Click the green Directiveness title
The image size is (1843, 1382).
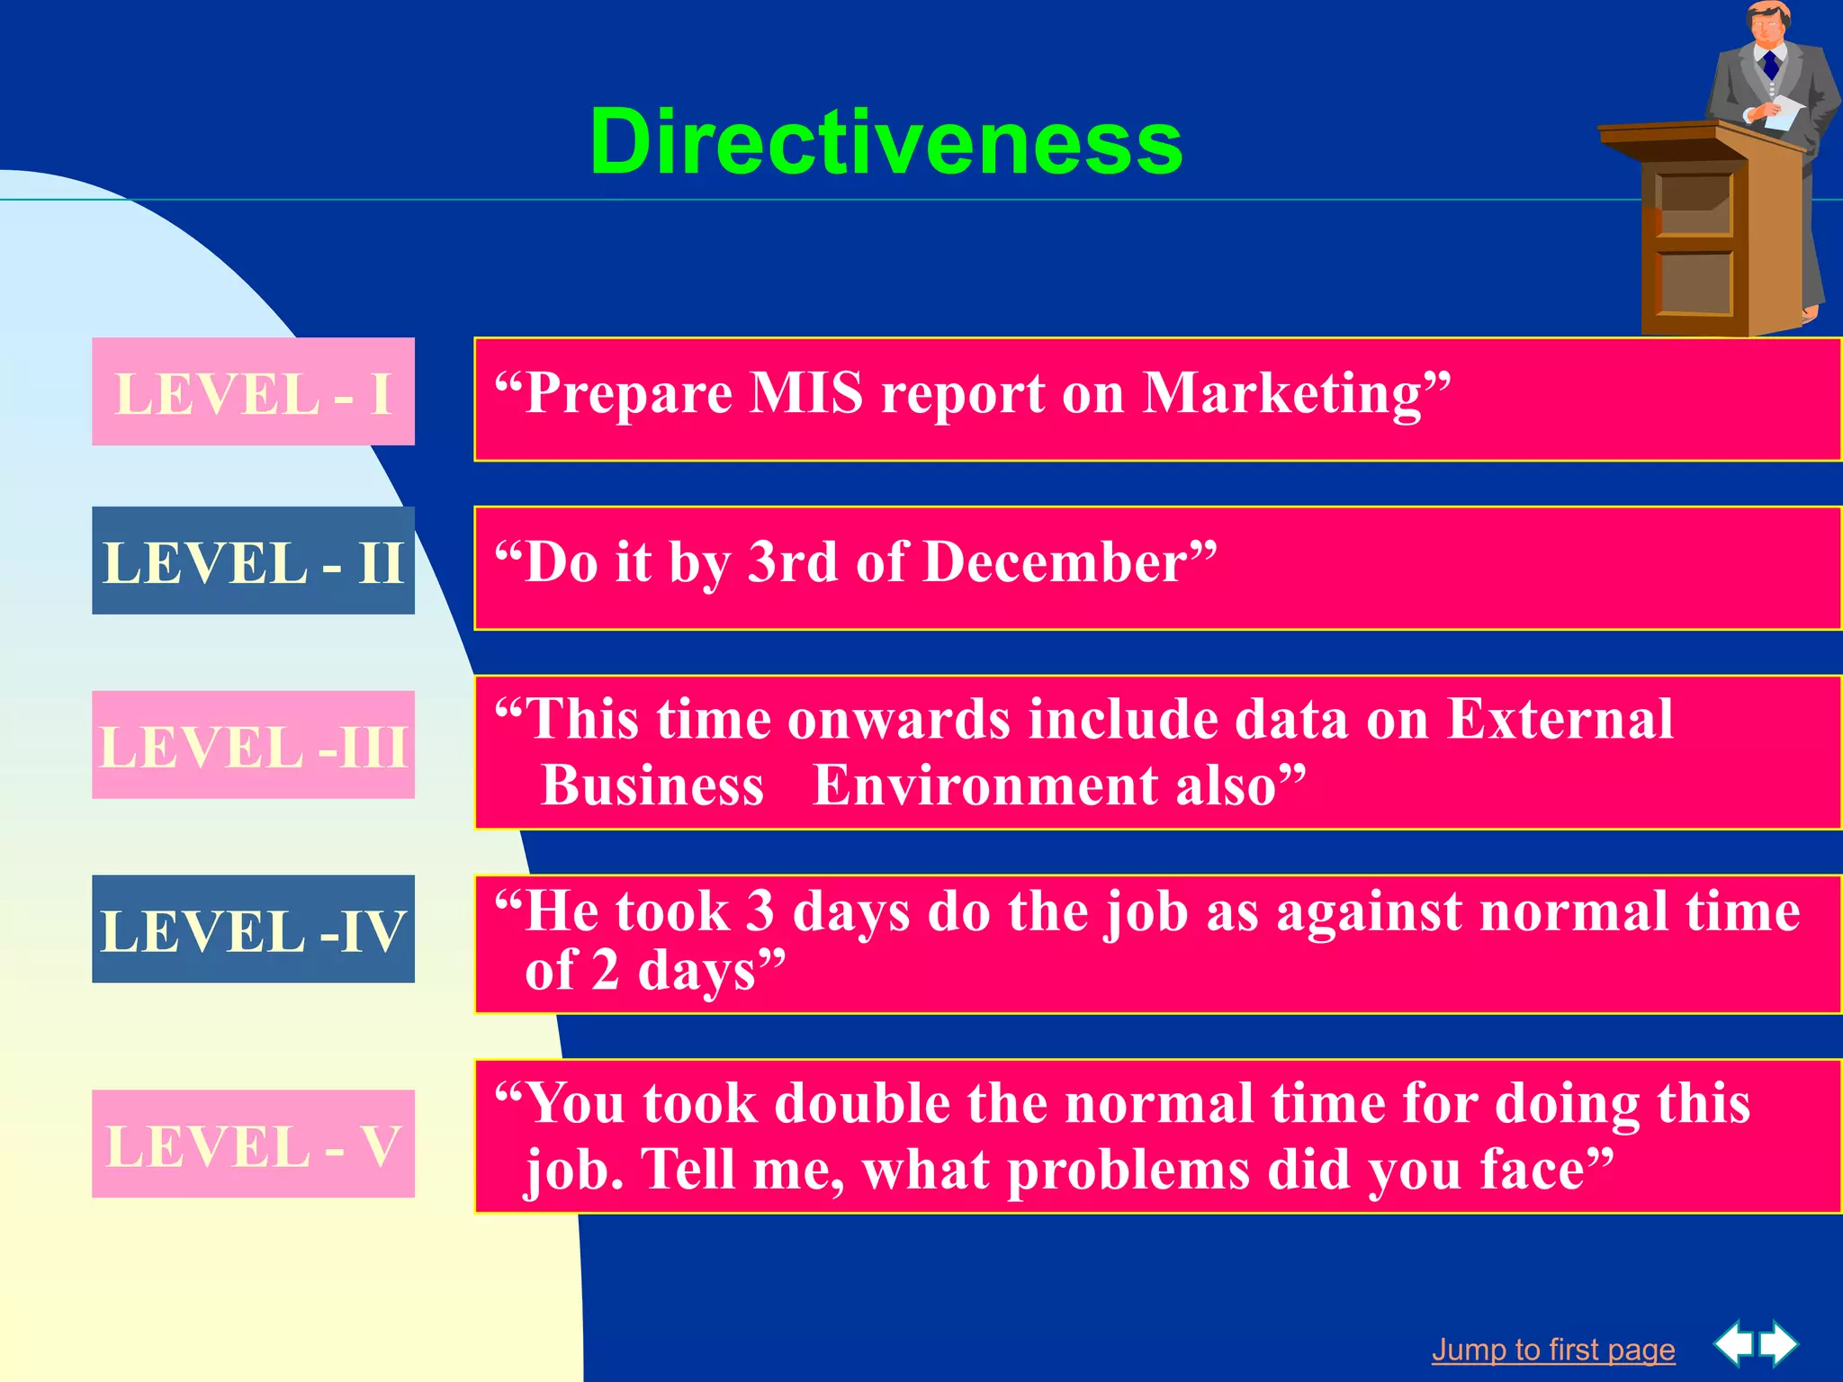click(886, 142)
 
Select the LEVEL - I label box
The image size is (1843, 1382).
click(253, 392)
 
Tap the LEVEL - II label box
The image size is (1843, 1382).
click(253, 561)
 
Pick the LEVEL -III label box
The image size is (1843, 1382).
click(253, 746)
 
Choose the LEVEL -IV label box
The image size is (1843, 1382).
click(253, 929)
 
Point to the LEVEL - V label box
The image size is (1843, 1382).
click(253, 1144)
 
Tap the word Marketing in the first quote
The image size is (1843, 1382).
click(1281, 393)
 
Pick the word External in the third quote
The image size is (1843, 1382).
click(1560, 720)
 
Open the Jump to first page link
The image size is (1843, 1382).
click(1553, 1350)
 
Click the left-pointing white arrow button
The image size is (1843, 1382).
click(1733, 1344)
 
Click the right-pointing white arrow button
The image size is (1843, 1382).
click(1780, 1344)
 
